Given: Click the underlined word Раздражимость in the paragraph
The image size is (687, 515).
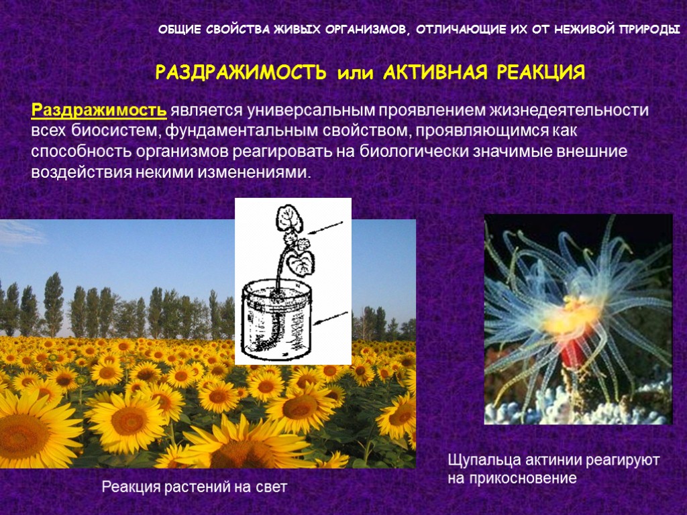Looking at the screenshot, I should tap(99, 109).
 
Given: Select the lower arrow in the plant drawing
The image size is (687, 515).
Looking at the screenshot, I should tap(332, 320).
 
